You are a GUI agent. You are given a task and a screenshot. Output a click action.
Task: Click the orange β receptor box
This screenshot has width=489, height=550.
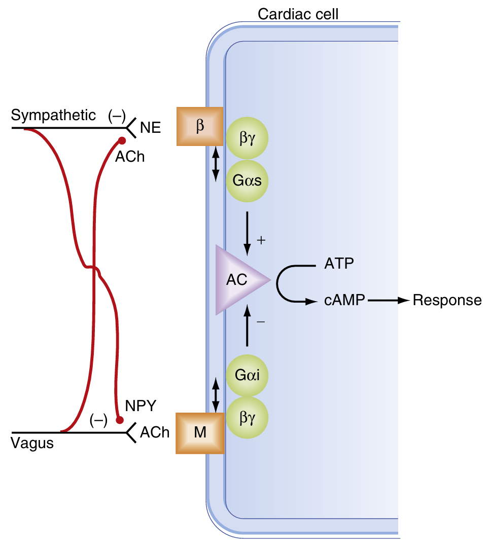click(x=199, y=126)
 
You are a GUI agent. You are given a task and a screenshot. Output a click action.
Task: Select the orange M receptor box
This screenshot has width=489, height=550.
click(x=199, y=433)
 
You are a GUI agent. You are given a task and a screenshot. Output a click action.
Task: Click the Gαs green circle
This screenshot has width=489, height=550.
click(x=248, y=180)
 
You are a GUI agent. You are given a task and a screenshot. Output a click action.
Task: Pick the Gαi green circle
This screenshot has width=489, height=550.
click(x=247, y=376)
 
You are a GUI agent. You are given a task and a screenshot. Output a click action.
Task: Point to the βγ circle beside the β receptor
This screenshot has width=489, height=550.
click(x=247, y=137)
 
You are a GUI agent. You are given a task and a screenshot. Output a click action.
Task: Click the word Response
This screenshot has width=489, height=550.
click(x=447, y=301)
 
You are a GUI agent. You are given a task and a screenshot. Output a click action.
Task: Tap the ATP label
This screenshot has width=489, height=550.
click(x=339, y=264)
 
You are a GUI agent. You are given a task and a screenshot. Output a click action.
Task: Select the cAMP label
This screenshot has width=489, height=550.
click(x=344, y=301)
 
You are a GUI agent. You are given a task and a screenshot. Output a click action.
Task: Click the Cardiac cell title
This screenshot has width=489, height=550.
click(x=298, y=14)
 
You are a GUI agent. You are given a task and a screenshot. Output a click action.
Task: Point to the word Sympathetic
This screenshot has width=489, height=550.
click(x=53, y=116)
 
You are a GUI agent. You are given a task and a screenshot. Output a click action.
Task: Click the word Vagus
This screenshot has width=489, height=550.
click(x=32, y=444)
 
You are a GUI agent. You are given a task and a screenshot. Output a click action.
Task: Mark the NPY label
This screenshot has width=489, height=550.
click(x=141, y=407)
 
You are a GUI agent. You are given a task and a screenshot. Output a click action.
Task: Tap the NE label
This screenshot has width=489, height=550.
click(x=150, y=128)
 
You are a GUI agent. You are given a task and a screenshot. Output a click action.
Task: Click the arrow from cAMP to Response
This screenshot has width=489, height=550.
click(x=389, y=301)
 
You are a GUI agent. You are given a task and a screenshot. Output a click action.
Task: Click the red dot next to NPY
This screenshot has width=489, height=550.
click(x=120, y=420)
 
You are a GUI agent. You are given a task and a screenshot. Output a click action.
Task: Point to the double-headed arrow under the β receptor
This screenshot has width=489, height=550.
click(x=216, y=164)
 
